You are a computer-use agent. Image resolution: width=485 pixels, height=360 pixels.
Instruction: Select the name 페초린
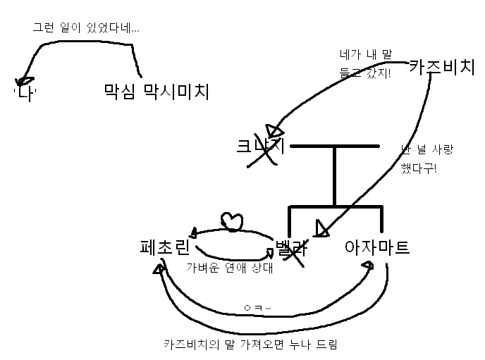(165, 247)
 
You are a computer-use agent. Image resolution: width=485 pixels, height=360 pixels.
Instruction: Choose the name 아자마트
(376, 247)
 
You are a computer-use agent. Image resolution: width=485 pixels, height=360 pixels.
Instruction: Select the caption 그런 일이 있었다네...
(86, 29)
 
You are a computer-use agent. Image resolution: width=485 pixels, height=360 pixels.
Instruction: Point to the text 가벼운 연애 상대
(229, 268)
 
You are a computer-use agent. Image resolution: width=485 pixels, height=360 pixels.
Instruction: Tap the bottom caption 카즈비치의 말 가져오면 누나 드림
(255, 345)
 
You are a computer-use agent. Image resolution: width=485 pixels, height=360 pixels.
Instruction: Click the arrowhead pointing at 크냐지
(276, 132)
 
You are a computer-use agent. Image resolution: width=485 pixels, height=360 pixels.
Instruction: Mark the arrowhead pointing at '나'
(25, 80)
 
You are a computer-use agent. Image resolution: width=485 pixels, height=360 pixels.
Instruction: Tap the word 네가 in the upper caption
(350, 54)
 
